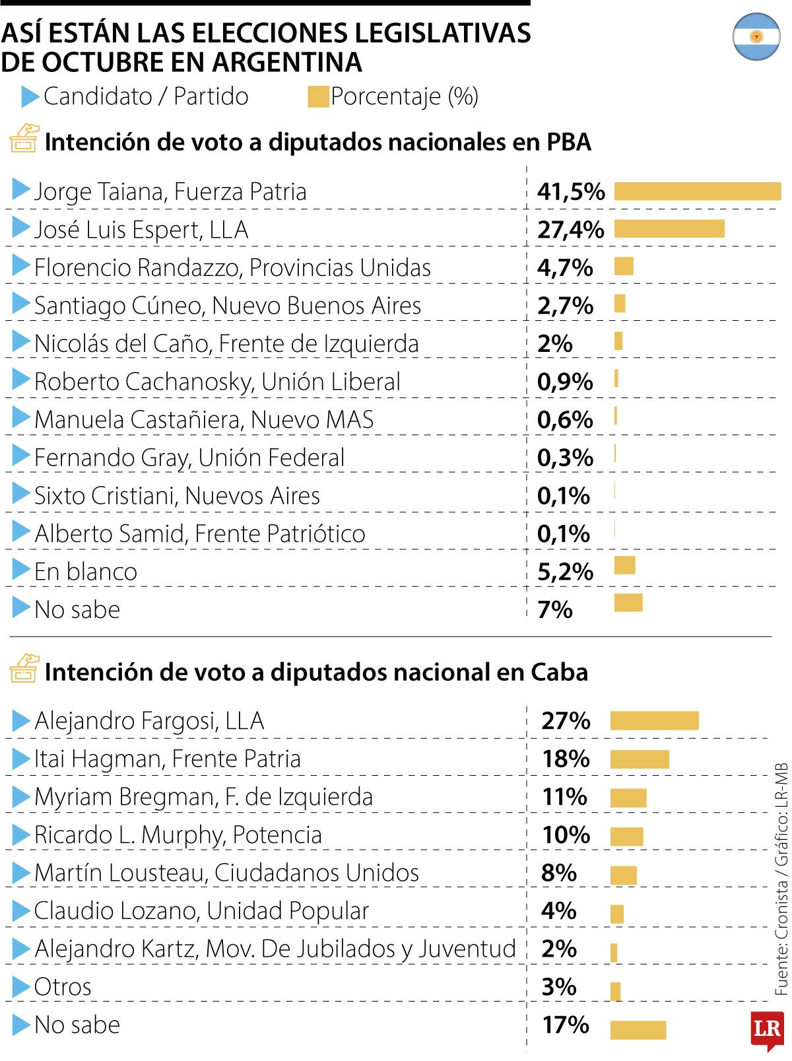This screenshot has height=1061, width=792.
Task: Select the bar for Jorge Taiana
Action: pyautogui.click(x=697, y=191)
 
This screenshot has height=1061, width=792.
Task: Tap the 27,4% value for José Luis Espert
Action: pyautogui.click(x=570, y=230)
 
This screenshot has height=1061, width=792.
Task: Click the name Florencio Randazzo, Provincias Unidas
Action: pyautogui.click(x=232, y=267)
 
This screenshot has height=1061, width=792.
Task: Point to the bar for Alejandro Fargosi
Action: pyautogui.click(x=654, y=720)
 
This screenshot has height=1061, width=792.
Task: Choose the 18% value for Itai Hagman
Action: pyautogui.click(x=566, y=759)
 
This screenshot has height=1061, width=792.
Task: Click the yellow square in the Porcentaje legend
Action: pyautogui.click(x=318, y=97)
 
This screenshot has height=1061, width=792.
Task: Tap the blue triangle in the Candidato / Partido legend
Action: pyautogui.click(x=30, y=97)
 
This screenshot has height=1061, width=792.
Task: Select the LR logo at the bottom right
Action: pyautogui.click(x=767, y=1030)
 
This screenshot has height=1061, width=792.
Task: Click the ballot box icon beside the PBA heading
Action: pyautogui.click(x=24, y=138)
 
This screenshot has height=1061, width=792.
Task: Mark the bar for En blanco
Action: pyautogui.click(x=624, y=566)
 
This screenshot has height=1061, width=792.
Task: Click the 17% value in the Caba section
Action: pyautogui.click(x=566, y=1025)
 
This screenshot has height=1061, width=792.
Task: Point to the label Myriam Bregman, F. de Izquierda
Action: pyautogui.click(x=203, y=797)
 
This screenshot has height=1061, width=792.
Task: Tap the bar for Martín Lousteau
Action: pyautogui.click(x=623, y=875)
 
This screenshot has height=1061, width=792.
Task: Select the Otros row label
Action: pyautogui.click(x=63, y=987)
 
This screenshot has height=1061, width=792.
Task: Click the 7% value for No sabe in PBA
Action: pyautogui.click(x=554, y=609)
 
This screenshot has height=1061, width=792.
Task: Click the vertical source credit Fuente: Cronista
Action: pyautogui.click(x=781, y=924)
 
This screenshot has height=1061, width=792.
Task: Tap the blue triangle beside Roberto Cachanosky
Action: pyautogui.click(x=21, y=380)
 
